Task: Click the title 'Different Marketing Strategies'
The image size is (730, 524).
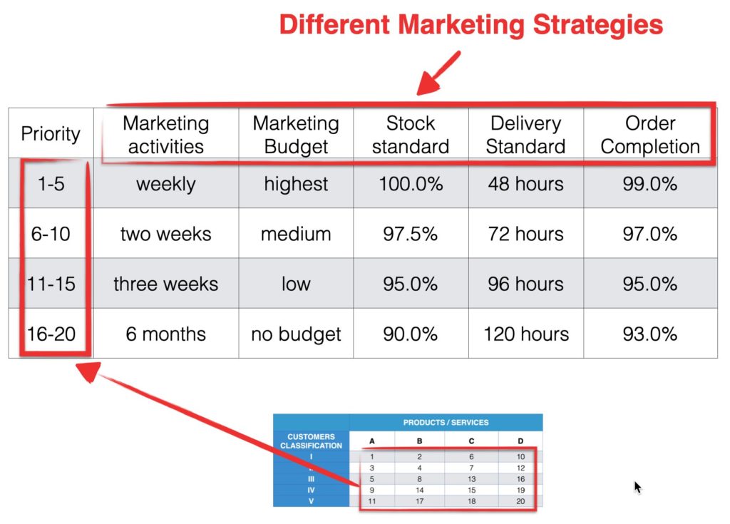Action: pyautogui.click(x=471, y=26)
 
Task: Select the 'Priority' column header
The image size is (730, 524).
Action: pyautogui.click(x=51, y=133)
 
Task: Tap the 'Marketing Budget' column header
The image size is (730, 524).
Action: pyautogui.click(x=296, y=135)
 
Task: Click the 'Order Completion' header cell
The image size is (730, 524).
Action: pyautogui.click(x=650, y=135)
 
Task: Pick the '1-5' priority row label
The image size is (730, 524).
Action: pyautogui.click(x=51, y=184)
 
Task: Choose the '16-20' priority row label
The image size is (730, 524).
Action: pyautogui.click(x=51, y=334)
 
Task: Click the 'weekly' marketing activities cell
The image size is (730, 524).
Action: pyautogui.click(x=166, y=184)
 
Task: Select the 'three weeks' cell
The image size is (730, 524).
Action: pyautogui.click(x=166, y=284)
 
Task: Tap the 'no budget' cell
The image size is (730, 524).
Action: pyautogui.click(x=296, y=334)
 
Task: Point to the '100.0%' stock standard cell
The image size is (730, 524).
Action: pyautogui.click(x=411, y=184)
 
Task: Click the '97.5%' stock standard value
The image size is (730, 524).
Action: pyautogui.click(x=411, y=234)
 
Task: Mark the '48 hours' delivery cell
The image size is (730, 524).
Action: pyautogui.click(x=526, y=184)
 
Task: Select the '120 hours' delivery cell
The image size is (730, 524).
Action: pyautogui.click(x=526, y=334)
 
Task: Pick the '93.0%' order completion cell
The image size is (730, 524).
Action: pyautogui.click(x=650, y=334)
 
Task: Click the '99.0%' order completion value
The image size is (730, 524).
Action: pyautogui.click(x=650, y=184)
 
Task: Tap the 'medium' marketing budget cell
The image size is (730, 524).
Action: pyautogui.click(x=296, y=234)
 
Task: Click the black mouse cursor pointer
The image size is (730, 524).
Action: pyautogui.click(x=637, y=487)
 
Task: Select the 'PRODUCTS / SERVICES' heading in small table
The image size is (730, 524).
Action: pyautogui.click(x=446, y=422)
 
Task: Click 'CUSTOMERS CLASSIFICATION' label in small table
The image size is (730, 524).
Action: pyautogui.click(x=311, y=441)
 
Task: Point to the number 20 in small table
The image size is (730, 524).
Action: pyautogui.click(x=520, y=502)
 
